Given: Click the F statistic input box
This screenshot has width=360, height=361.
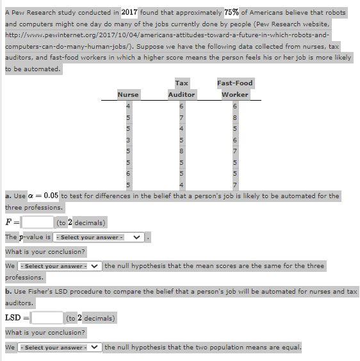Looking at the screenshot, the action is tap(38, 222).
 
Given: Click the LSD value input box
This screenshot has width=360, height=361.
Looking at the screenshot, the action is tap(47, 317).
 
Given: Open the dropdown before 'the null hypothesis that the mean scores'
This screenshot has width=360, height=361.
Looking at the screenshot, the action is tap(60, 266).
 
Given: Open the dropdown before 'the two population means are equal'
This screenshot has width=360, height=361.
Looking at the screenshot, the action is tap(60, 348).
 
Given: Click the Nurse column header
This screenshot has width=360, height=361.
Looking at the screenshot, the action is tap(128, 94).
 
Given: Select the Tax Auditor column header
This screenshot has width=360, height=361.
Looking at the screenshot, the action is tap(181, 88).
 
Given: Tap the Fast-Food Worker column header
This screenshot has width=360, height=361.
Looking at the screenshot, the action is tap(235, 88).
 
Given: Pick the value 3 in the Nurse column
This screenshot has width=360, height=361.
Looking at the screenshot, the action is tap(128, 140).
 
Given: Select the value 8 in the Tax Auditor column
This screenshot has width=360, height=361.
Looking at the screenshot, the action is tap(181, 151).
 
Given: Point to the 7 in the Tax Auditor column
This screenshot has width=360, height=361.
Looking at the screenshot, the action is tap(181, 117).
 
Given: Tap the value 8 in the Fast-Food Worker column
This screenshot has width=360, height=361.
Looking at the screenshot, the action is tap(235, 117).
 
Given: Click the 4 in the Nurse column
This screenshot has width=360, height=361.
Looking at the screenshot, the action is tap(128, 106).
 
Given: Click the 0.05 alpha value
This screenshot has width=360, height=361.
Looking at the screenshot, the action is tap(51, 196).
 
